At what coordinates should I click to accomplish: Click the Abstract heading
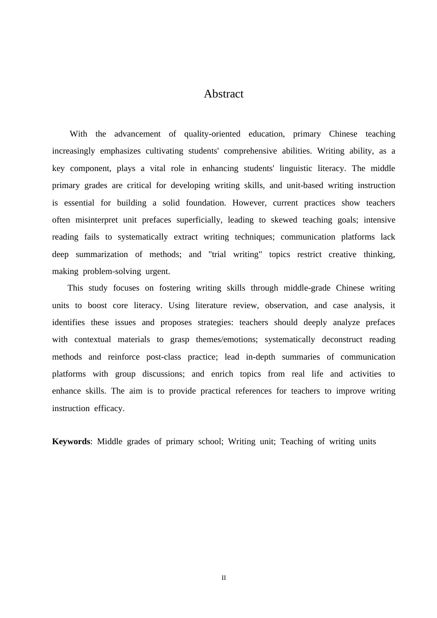(x=224, y=94)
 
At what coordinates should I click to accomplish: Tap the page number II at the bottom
(x=224, y=578)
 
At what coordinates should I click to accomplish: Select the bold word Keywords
(x=71, y=441)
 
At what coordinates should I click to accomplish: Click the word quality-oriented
(x=212, y=134)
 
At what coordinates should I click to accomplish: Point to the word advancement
(x=138, y=134)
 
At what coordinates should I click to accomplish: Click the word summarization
(x=102, y=254)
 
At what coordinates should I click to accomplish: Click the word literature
(x=211, y=305)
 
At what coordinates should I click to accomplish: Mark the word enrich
(x=222, y=374)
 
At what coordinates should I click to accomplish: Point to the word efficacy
(x=109, y=408)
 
